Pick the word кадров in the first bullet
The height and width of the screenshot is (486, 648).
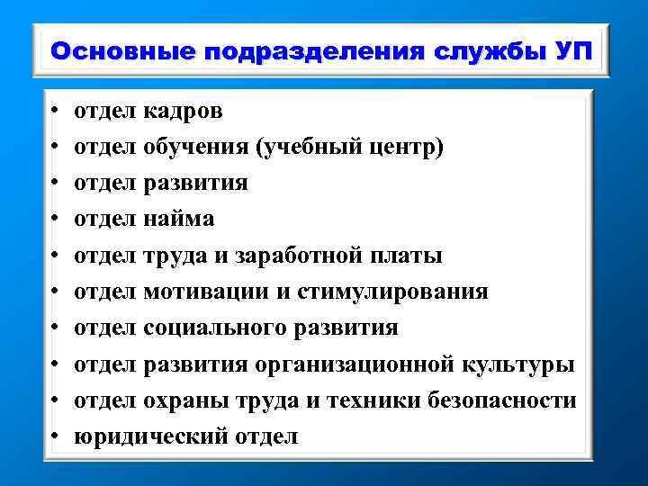183,112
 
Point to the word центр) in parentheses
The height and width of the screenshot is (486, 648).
409,148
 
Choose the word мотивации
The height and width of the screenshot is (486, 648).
208,292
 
